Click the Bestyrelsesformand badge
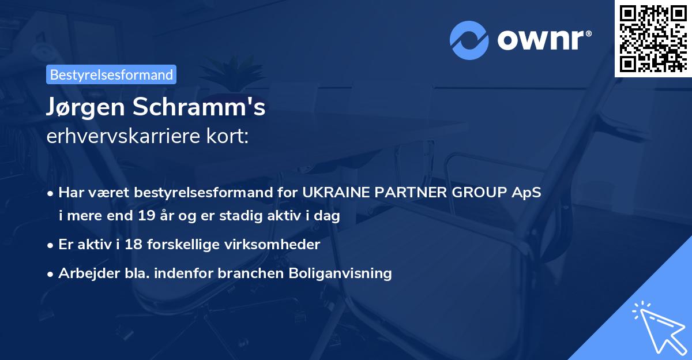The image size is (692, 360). pos(111,74)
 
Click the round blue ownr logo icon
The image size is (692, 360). pos(469,40)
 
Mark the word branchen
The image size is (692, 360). pos(247,272)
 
